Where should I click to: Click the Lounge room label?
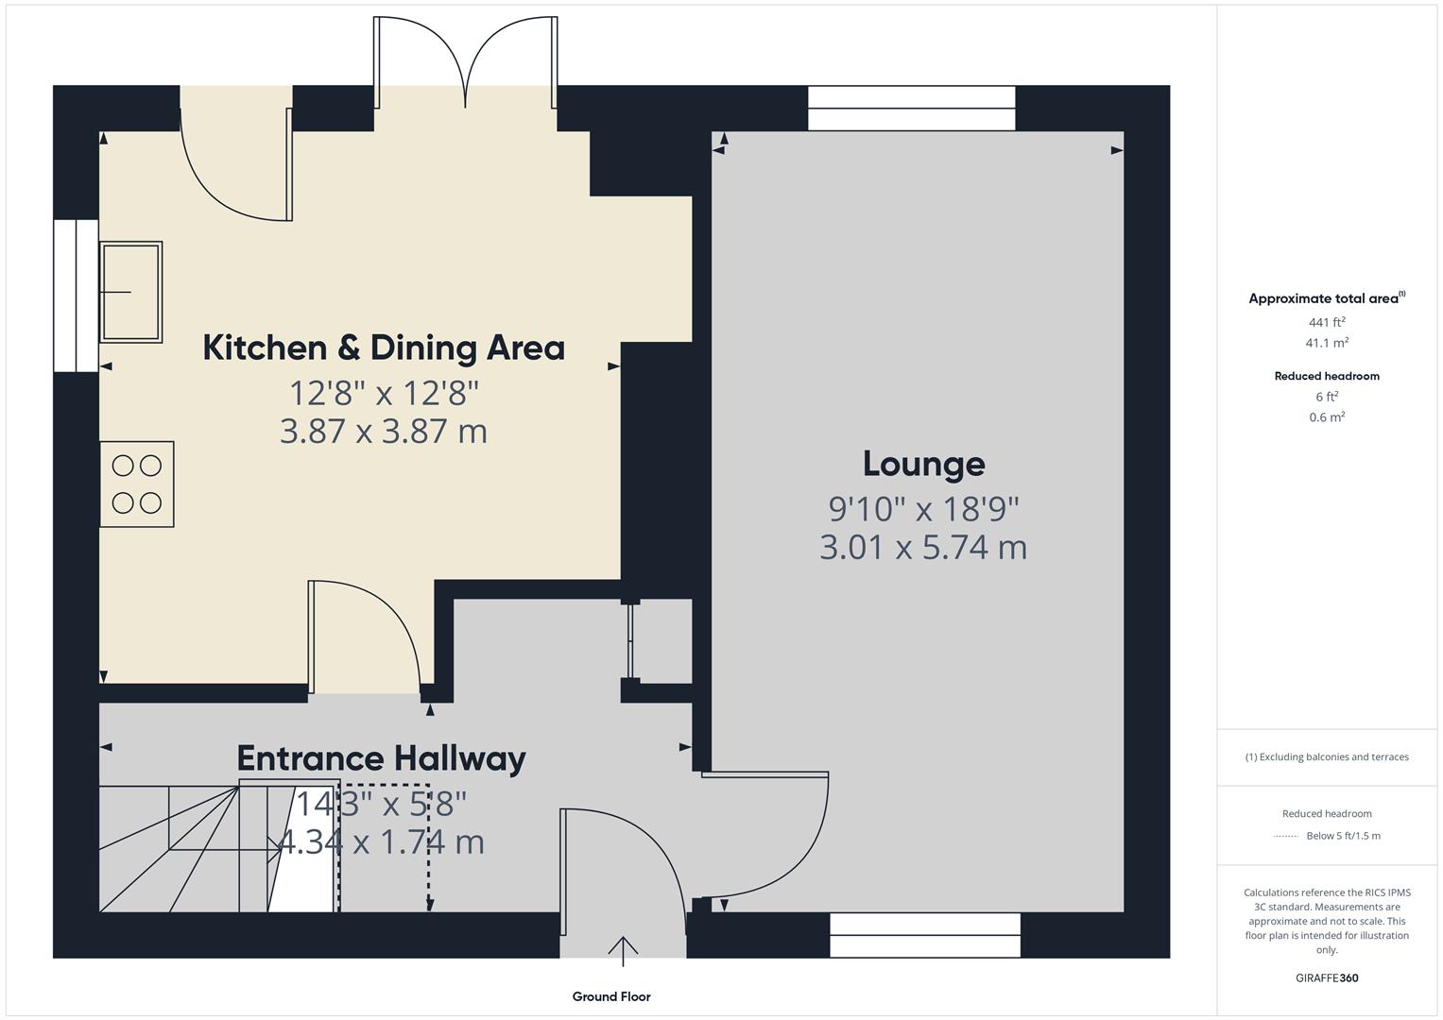(923, 464)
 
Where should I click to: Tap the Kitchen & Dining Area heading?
(384, 348)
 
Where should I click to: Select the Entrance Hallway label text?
(381, 758)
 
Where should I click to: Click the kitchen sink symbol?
(131, 291)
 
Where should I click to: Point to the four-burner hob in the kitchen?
(137, 484)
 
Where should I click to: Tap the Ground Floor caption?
(611, 996)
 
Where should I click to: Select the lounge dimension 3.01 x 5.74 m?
(923, 548)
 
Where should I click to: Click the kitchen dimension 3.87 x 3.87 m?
(384, 432)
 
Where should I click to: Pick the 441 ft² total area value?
(1326, 322)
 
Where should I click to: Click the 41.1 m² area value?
(1326, 343)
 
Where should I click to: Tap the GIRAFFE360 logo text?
(1326, 977)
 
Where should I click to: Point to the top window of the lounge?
(911, 109)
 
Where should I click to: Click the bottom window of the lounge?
(925, 935)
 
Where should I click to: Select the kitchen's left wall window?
(76, 296)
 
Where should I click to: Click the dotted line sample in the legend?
(1285, 836)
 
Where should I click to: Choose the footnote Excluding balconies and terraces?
(1326, 756)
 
